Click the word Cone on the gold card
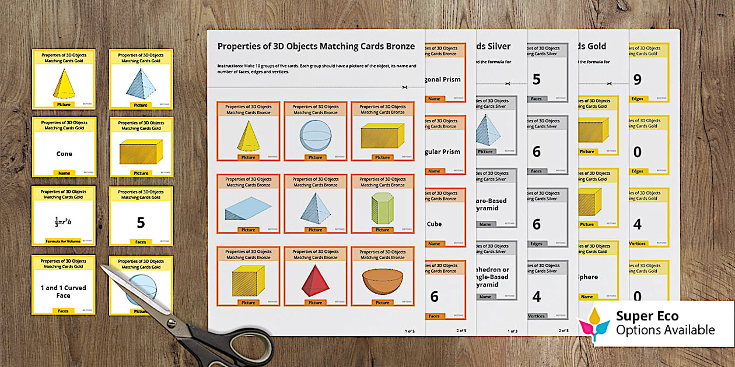coord(64,154)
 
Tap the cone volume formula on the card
coord(64,221)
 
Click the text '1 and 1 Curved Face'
coord(64,291)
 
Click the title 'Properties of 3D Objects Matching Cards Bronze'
coord(316,46)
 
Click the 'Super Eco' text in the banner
coord(647,316)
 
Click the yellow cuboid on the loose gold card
coord(141,153)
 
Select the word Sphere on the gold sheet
coord(587,277)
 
